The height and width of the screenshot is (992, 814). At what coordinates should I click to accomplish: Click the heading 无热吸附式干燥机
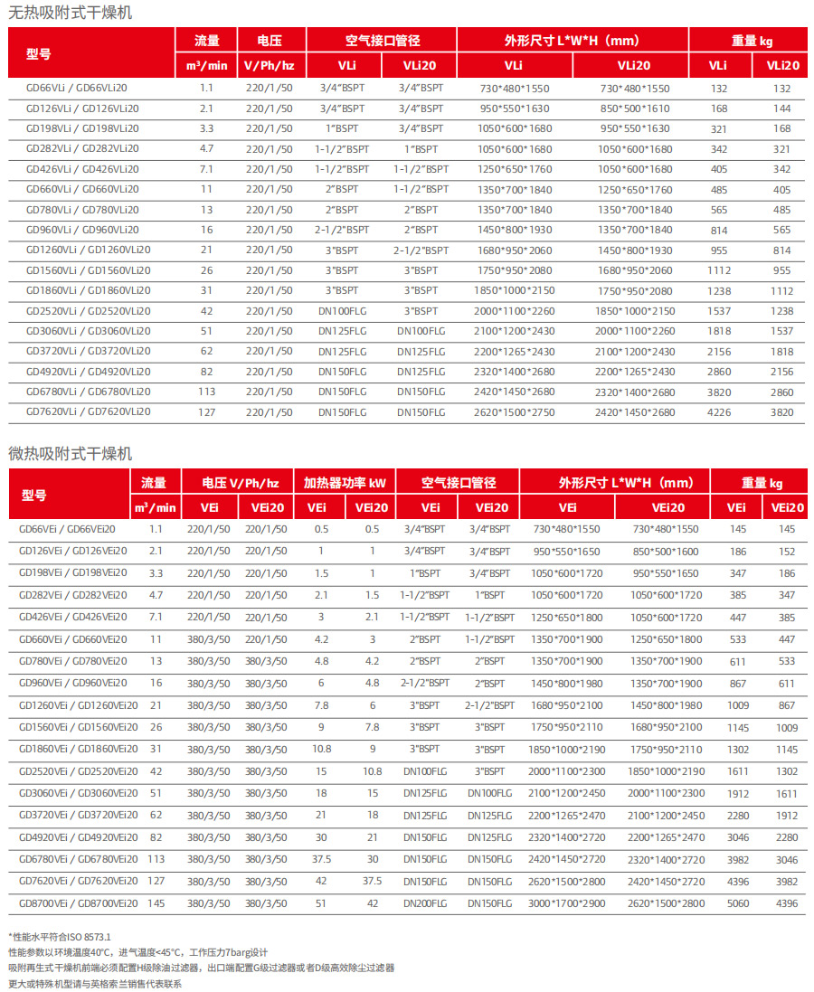71,13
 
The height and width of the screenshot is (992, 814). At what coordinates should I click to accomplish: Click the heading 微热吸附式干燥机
71,453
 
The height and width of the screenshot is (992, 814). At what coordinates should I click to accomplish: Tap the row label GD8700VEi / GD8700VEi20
79,902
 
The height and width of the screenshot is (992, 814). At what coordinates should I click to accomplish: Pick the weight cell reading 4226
719,412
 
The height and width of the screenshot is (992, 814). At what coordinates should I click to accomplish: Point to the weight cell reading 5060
737,902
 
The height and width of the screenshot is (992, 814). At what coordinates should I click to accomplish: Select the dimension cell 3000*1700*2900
567,902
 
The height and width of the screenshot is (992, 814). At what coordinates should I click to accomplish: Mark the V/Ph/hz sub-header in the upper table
270,65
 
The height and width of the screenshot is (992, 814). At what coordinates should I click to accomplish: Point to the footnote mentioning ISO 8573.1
60,937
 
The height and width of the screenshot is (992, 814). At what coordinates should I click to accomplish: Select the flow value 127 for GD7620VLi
206,412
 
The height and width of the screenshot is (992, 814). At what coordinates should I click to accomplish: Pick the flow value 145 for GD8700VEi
156,902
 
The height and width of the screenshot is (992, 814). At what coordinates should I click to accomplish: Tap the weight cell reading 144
782,109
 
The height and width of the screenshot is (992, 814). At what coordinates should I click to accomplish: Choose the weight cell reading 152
787,551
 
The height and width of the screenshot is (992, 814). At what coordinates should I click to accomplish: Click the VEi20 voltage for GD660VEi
266,639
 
